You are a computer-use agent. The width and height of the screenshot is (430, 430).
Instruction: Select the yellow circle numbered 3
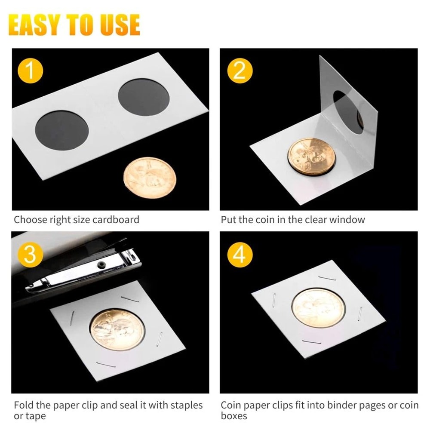point(30,255)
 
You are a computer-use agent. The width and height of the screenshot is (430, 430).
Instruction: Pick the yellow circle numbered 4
point(239,255)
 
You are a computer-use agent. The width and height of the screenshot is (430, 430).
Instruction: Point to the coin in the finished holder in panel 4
point(318,308)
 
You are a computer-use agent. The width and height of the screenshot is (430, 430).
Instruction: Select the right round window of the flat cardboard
point(144,101)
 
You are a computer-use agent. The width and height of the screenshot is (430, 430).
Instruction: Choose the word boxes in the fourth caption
point(234,416)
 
